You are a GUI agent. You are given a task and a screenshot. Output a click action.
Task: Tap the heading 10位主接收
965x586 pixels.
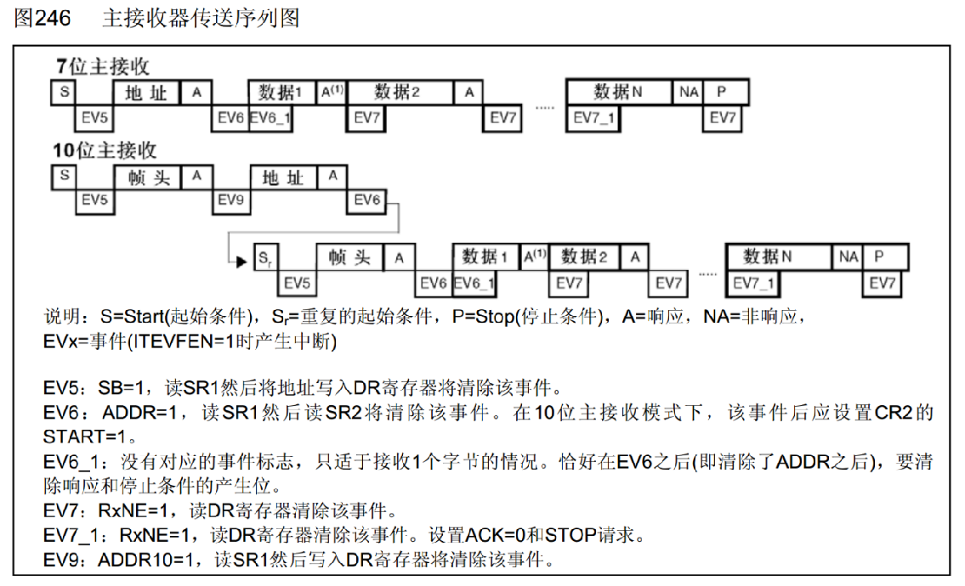point(105,151)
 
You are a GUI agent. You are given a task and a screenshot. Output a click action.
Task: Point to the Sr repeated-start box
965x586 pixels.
point(264,257)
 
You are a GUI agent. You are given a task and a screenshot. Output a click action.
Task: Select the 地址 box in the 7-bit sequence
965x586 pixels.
point(146,93)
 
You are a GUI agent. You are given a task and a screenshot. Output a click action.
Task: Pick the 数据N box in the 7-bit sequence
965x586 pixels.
point(619,92)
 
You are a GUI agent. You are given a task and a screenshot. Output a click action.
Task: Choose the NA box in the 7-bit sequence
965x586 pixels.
point(689,92)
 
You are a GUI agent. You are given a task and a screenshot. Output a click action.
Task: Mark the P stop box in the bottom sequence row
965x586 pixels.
point(879,256)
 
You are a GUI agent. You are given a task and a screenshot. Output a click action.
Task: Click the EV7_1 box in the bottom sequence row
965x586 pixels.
point(755,283)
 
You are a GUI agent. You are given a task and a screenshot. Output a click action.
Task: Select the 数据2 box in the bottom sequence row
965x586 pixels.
point(584,256)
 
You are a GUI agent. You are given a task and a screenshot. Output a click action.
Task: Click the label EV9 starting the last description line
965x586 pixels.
point(67,561)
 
